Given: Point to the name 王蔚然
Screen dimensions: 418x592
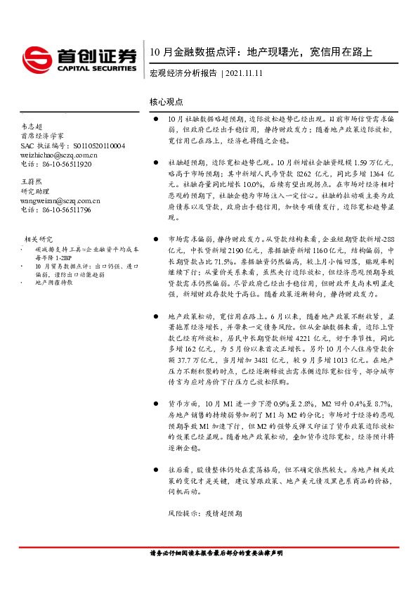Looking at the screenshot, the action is point(32,181).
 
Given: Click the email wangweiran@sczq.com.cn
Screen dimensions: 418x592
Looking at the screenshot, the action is point(60,200).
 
